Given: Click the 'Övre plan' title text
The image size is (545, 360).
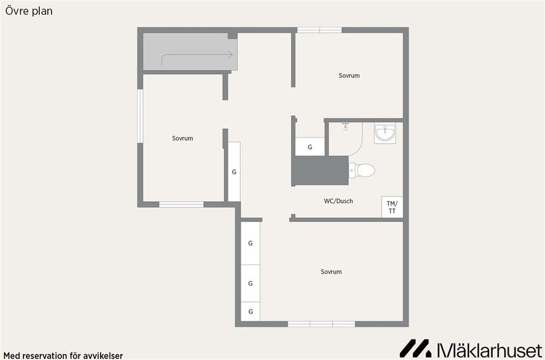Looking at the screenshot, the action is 29,11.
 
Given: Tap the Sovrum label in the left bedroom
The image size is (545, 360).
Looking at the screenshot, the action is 182,139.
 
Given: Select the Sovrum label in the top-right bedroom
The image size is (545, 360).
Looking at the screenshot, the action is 349,76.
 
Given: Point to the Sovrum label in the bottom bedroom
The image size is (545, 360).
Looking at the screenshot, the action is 331,272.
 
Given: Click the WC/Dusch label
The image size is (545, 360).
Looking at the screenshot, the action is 338,201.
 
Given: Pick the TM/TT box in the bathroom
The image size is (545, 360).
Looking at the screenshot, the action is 392,207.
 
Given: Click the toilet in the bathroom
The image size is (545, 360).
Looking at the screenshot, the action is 362,170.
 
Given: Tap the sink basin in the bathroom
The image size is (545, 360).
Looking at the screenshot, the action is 385,133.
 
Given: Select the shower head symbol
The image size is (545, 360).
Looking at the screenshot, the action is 345,126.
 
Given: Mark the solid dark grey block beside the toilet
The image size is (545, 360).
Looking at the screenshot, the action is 320,170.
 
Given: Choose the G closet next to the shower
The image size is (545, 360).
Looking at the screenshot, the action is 310,147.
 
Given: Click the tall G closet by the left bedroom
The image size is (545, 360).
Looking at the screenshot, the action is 234,171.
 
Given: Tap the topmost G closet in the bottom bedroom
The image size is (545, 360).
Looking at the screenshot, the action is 250,243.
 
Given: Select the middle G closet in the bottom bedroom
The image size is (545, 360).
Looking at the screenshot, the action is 250,283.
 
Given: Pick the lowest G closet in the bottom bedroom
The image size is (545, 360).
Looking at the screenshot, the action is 250,312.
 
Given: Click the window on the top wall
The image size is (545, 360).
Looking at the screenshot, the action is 320,30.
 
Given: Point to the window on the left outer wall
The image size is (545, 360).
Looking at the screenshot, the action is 140,116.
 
